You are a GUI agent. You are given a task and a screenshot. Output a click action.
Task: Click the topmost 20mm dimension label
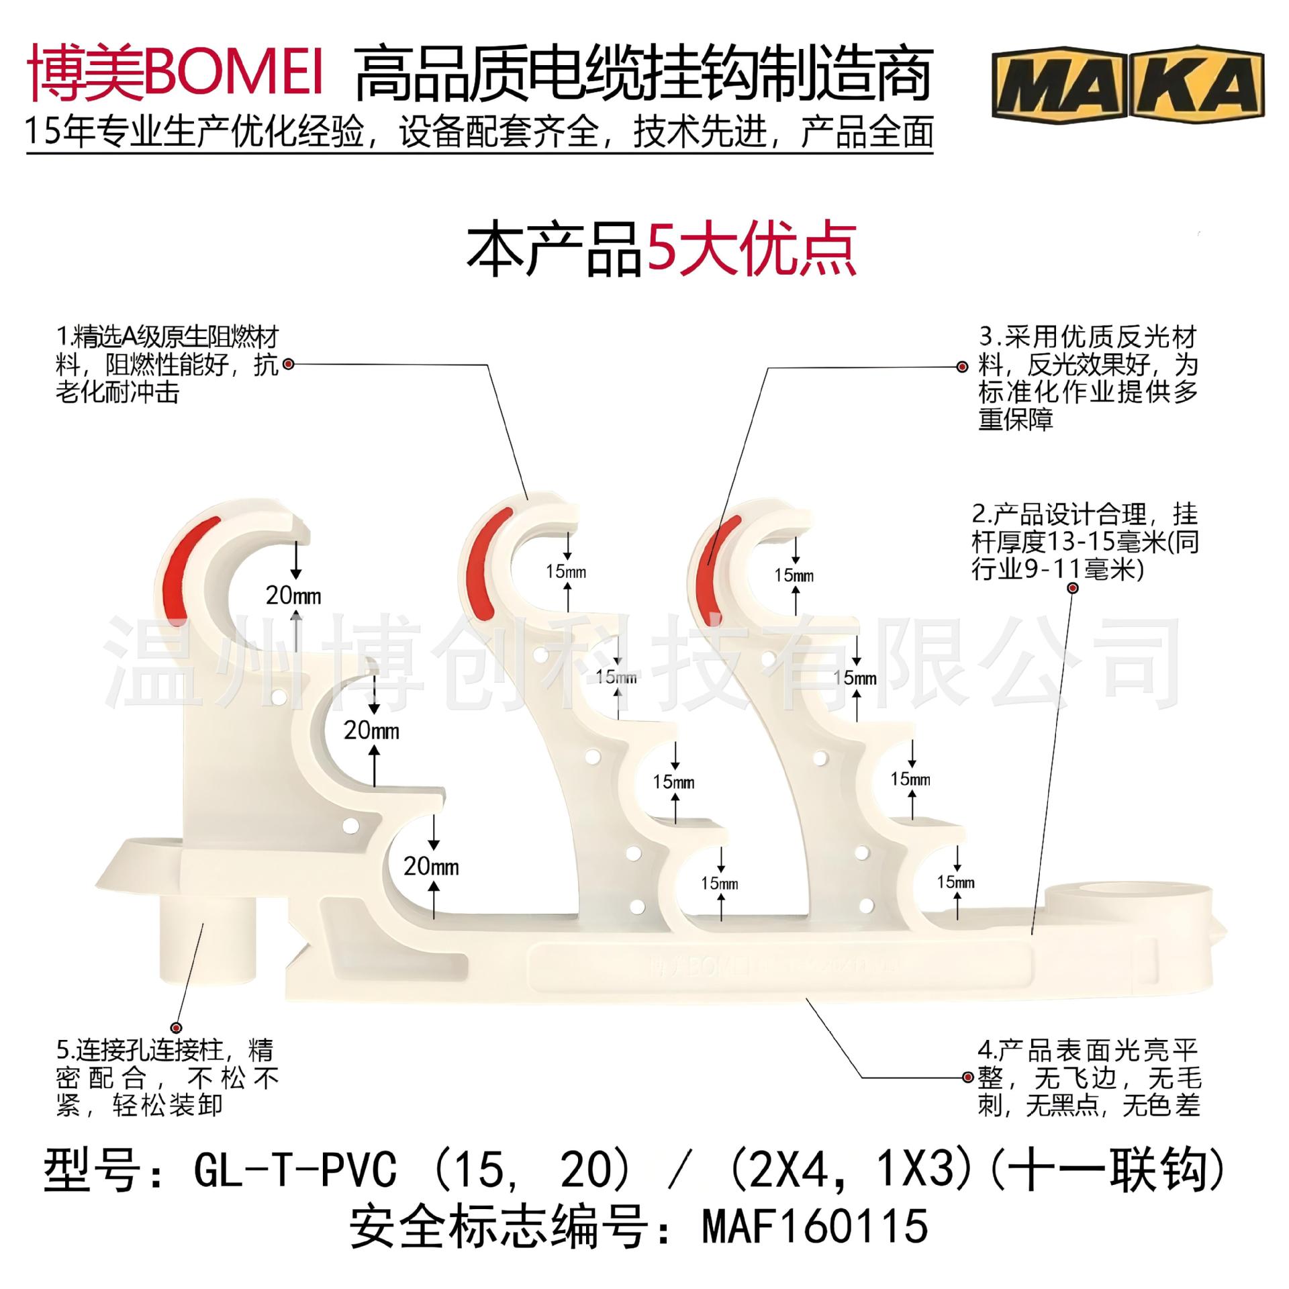[x=293, y=595]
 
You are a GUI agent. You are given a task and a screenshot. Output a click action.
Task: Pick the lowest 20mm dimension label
[x=431, y=866]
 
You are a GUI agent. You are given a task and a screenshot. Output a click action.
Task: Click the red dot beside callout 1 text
[x=289, y=365]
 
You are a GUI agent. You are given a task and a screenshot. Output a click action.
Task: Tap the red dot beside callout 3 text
[x=962, y=367]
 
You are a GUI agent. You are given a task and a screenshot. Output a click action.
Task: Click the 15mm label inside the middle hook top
[x=566, y=571]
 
